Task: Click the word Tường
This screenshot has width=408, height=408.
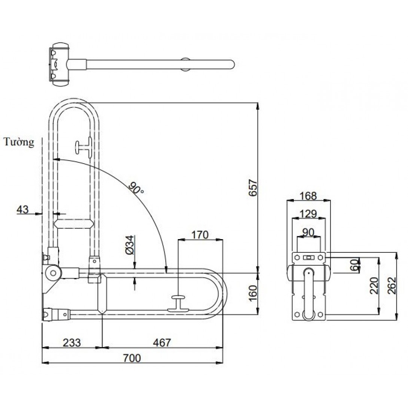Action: pos(19,142)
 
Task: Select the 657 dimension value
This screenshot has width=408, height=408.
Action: pos(253,188)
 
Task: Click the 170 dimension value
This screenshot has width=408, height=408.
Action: pos(200,235)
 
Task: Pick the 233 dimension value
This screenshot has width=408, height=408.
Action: pos(72,342)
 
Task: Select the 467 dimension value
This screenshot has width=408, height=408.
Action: pos(162,342)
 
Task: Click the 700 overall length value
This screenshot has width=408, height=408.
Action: pos(132,358)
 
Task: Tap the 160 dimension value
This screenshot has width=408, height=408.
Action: pos(253,293)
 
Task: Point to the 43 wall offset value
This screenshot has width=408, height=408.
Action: pos(22,209)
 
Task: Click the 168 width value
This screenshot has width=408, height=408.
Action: pos(308,196)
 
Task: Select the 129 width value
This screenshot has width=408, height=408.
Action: pos(308,214)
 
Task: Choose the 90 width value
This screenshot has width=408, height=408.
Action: pos(308,232)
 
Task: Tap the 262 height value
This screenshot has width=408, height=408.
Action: pos(392,286)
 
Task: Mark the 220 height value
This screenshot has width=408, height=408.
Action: pos(374,286)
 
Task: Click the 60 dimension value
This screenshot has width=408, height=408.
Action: pos(354,265)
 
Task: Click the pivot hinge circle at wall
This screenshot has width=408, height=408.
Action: pos(53,273)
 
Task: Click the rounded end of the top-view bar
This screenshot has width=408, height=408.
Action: pos(231,64)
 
